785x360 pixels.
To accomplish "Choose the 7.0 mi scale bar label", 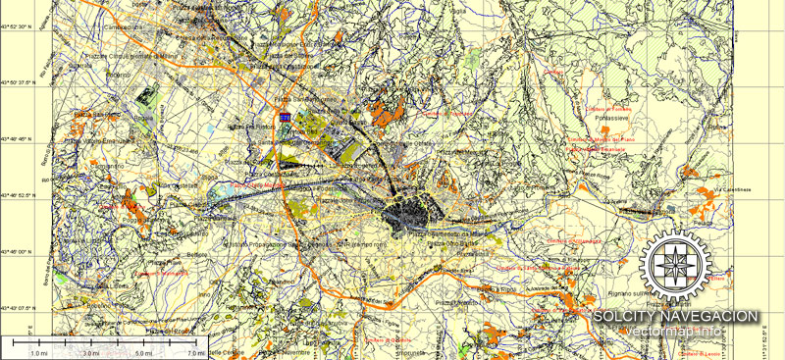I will (193, 352).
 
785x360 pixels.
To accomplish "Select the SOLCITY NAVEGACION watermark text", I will (676, 316).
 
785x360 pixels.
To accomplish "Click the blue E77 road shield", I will (285, 116).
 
